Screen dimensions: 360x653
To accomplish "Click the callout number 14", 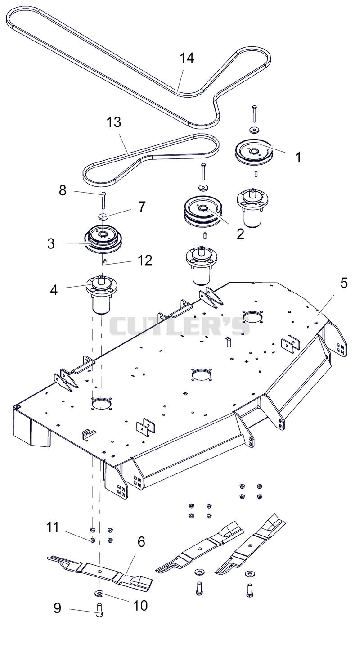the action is tap(187, 58).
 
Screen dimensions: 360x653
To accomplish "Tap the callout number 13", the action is tap(114, 122).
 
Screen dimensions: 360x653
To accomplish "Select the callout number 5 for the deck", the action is tap(344, 283).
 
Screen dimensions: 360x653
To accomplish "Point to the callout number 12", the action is tap(144, 260).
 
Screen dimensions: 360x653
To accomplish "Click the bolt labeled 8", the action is tap(103, 200).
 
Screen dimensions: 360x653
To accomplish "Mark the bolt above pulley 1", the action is tap(254, 113).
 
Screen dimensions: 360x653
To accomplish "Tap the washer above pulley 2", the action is tap(202, 187).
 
